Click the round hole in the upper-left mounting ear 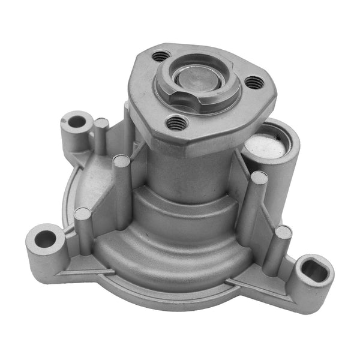click(77, 122)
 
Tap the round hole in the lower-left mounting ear click(46, 239)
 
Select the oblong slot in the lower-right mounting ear click(316, 271)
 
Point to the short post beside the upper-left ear click(101, 124)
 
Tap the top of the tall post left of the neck click(121, 161)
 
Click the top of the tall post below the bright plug click(259, 178)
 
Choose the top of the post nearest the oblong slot click(283, 232)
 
